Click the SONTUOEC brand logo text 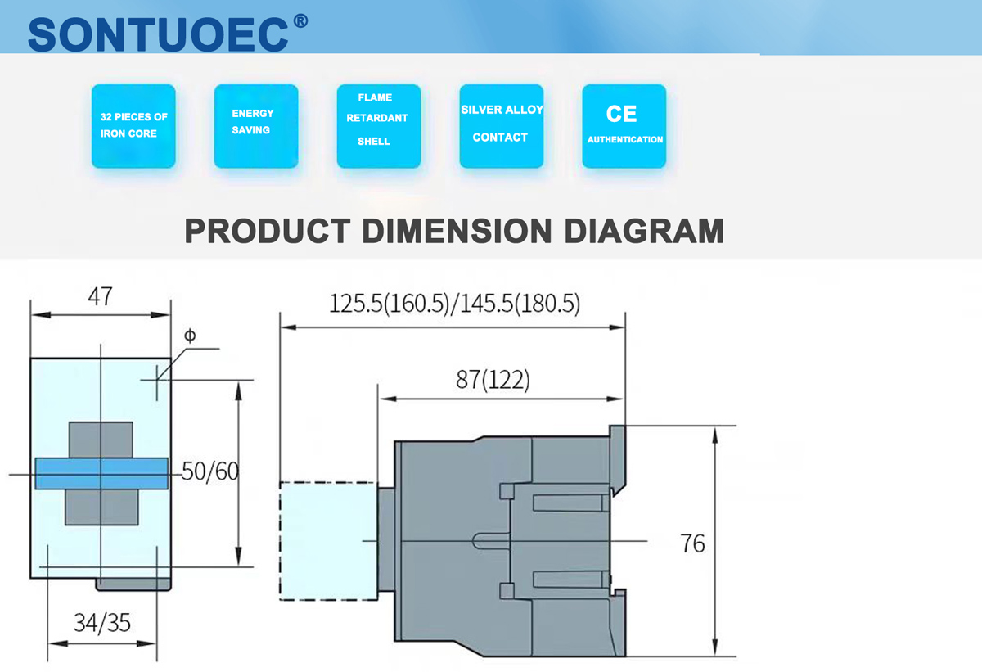point(159,33)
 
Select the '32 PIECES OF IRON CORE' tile point(133,126)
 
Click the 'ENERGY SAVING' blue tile point(255,126)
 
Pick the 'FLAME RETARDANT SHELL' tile point(378,126)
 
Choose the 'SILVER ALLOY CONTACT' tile point(501,126)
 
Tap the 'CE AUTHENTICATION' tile point(624,126)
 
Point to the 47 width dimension point(100,296)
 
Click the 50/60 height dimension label point(209,472)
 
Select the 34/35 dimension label point(101,623)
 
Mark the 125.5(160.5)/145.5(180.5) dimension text point(454,304)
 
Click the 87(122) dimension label point(493,381)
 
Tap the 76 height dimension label point(692,543)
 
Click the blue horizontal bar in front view point(101,474)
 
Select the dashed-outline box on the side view point(327,541)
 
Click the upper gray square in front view point(100,440)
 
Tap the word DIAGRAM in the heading point(643,231)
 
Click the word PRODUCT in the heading point(268,231)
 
